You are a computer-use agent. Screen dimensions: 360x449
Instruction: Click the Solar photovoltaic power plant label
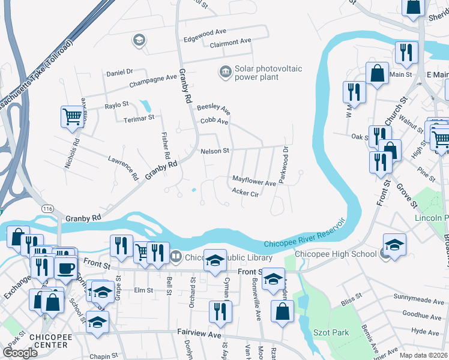268,73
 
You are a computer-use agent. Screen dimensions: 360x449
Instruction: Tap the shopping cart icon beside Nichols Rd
72,116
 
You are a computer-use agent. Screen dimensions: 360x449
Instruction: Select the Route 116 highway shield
48,208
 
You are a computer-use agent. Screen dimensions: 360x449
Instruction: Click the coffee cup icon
66,267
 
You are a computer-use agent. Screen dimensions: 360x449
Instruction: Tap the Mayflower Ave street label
254,181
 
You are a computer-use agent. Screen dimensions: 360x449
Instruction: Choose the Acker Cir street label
245,193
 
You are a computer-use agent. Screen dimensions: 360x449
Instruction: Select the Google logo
20,353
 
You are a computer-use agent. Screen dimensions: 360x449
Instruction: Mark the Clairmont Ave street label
231,42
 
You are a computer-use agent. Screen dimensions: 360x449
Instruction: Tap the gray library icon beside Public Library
176,257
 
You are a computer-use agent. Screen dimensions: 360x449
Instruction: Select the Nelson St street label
215,151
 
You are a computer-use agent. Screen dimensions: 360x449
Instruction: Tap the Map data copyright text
424,355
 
